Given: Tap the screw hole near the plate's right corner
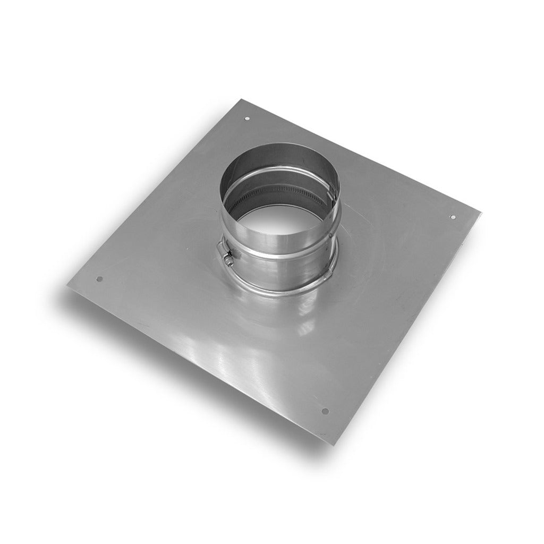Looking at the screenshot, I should [453, 217].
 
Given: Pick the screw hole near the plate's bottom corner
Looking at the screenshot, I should [325, 411].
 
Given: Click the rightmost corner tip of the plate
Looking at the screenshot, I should [480, 212].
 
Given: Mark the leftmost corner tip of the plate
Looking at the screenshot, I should [68, 286].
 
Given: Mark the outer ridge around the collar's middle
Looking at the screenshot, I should [282, 255].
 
